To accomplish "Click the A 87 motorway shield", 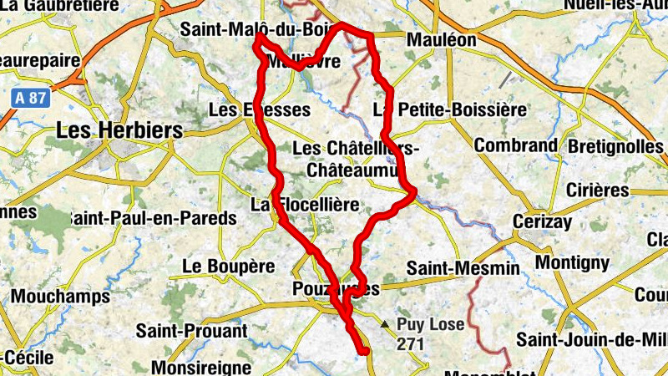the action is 32,98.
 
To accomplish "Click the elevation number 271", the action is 411,343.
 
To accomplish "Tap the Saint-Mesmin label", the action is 463,269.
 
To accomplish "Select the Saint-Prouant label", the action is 192,331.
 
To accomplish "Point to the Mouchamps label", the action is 60,297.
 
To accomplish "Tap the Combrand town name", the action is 515,145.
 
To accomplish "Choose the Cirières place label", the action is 597,190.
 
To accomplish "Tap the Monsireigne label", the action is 201,367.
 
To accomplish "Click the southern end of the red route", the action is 365,352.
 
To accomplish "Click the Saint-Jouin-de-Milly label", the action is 591,339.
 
